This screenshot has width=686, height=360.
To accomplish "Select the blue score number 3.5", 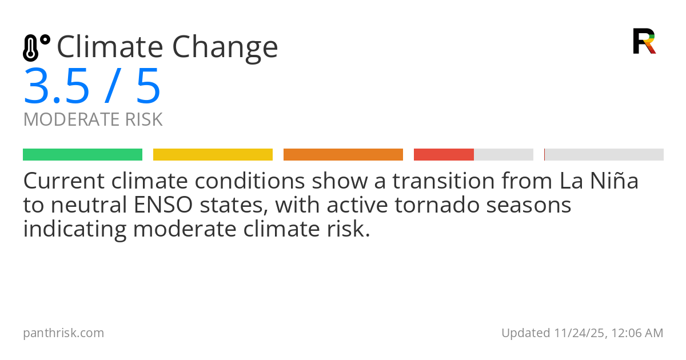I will (57, 87).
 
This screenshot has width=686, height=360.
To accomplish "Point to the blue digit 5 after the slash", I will (148, 87).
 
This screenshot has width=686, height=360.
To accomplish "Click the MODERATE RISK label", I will (93, 120).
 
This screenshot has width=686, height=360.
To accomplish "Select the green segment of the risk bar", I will (82, 155).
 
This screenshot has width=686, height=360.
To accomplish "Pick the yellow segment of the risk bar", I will (213, 155).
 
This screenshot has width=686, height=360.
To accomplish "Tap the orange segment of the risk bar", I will (343, 155).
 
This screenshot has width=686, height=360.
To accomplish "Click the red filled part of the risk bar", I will (444, 155).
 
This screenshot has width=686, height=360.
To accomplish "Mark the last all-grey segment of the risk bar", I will (604, 155).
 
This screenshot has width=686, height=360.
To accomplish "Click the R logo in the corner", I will (644, 41).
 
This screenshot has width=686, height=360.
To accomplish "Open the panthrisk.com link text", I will (63, 333).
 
